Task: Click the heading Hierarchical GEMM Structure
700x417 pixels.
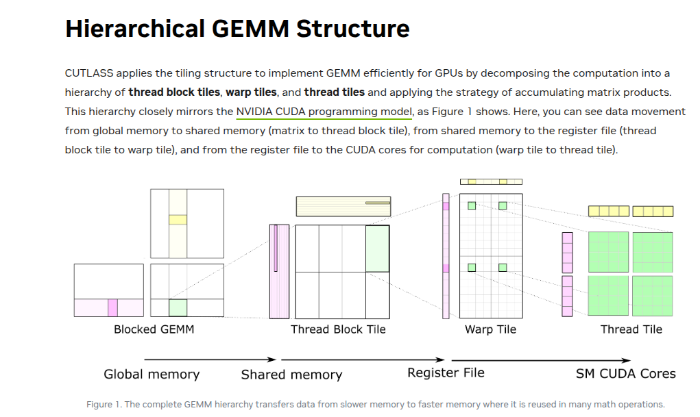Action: point(237,29)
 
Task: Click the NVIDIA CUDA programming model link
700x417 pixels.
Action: point(324,112)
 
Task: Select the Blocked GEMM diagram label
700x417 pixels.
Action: point(154,329)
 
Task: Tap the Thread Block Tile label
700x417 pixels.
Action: point(338,329)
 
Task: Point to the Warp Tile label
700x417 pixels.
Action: point(490,329)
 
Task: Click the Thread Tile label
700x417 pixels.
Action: point(631,329)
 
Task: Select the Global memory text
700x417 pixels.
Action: point(152,374)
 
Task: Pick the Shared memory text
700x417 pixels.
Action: point(291,375)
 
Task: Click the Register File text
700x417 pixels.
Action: point(446,372)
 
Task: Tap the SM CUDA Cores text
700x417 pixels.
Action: point(625,373)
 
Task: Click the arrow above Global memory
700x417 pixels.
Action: point(209,359)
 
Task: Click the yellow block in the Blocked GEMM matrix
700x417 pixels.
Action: point(178,220)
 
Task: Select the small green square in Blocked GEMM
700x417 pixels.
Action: point(178,307)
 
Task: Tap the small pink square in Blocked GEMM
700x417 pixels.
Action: point(112,307)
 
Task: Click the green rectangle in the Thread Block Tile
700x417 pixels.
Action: point(377,248)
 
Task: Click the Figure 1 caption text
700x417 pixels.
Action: point(375,404)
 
